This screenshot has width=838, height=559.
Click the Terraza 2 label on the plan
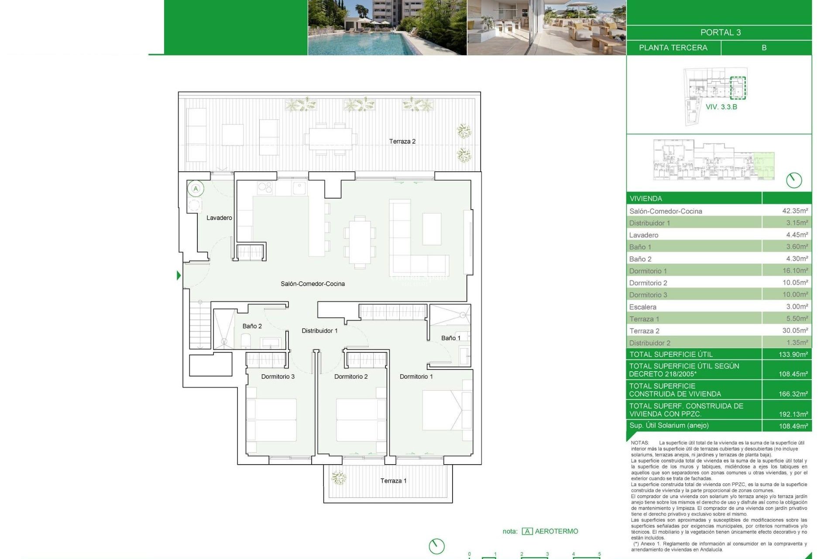[x=402, y=141]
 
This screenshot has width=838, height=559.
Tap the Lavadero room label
[x=219, y=218]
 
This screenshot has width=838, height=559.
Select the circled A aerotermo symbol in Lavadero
[x=196, y=189]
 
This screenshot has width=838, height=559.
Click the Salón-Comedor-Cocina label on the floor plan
[x=313, y=284]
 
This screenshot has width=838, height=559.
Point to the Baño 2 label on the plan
[x=252, y=326]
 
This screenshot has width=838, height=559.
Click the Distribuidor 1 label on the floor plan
[x=319, y=331]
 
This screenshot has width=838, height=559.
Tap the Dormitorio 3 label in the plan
[x=278, y=376]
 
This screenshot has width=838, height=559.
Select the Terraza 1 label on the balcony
[x=393, y=481]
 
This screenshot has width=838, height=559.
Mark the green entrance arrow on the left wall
[x=179, y=276]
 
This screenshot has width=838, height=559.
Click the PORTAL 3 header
[x=720, y=33]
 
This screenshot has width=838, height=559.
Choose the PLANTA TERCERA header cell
[x=673, y=48]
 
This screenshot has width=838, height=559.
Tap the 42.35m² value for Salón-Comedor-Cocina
[x=795, y=211]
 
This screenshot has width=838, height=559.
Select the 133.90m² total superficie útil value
[x=793, y=355]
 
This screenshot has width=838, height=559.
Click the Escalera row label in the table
[x=642, y=307]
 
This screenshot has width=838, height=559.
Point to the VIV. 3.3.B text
[x=721, y=107]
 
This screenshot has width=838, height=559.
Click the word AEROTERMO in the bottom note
[x=556, y=531]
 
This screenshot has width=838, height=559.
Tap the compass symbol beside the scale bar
[x=436, y=546]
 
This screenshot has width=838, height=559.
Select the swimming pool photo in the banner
[x=387, y=28]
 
